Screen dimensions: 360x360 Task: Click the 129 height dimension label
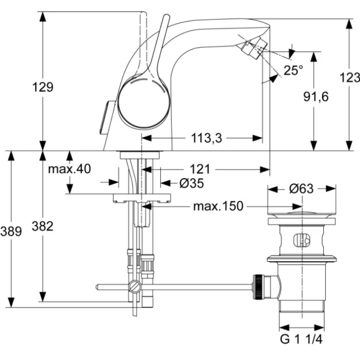pyautogui.click(x=42, y=87)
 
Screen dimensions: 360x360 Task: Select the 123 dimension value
pyautogui.click(x=349, y=77)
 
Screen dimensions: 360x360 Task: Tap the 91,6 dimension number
pyautogui.click(x=316, y=97)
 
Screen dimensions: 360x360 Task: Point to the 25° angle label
pyautogui.click(x=293, y=70)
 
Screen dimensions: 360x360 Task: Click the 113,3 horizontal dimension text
pyautogui.click(x=207, y=138)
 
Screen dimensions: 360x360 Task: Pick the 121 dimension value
pyautogui.click(x=200, y=169)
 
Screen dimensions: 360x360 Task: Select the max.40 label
pyautogui.click(x=70, y=169)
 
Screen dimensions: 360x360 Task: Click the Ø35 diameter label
pyautogui.click(x=191, y=183)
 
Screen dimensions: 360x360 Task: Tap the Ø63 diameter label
pyautogui.click(x=301, y=189)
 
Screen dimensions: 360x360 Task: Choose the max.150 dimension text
pyautogui.click(x=218, y=206)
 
